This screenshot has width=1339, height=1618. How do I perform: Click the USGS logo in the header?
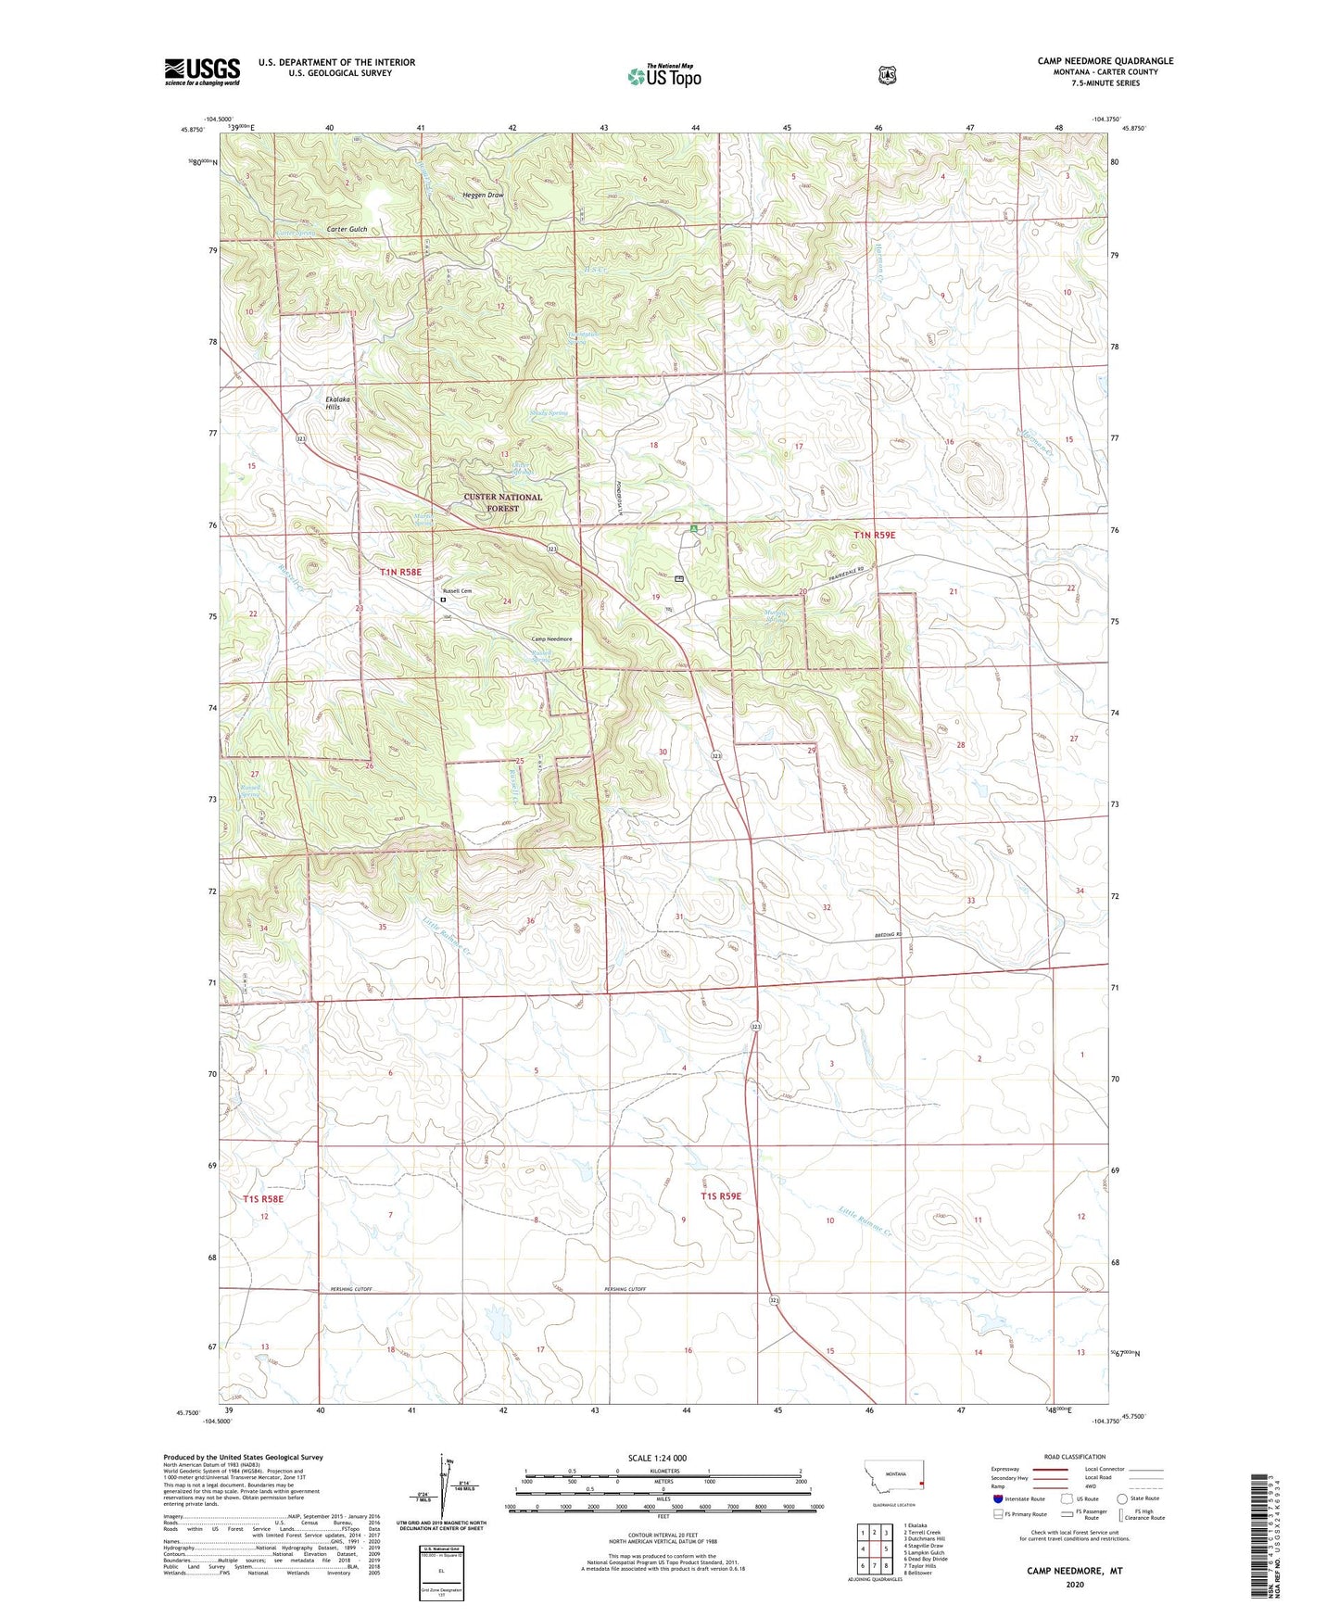(202, 71)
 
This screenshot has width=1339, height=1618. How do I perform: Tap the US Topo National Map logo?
(663, 76)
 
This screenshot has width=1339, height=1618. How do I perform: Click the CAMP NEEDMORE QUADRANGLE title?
(1105, 61)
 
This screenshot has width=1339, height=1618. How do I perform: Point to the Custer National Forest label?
(502, 502)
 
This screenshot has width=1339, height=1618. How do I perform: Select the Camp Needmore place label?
(550, 639)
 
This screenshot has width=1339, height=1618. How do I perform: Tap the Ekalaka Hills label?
(333, 403)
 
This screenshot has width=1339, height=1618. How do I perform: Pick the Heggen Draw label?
(483, 196)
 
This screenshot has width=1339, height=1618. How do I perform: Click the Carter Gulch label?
(347, 229)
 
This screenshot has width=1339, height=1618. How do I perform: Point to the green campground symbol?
(694, 528)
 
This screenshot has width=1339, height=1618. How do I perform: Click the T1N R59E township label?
(875, 536)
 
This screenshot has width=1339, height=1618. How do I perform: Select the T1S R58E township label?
(263, 1199)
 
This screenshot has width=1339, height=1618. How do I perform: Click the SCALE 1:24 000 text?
(657, 1458)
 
